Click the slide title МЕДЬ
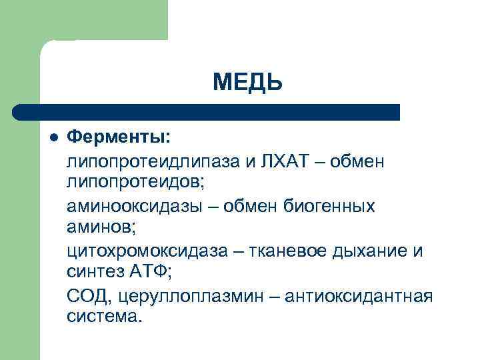point(248,82)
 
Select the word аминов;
point(101,227)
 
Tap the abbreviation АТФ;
point(157,271)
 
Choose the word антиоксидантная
point(359,295)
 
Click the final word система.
point(105,315)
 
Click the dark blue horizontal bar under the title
point(207,112)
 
